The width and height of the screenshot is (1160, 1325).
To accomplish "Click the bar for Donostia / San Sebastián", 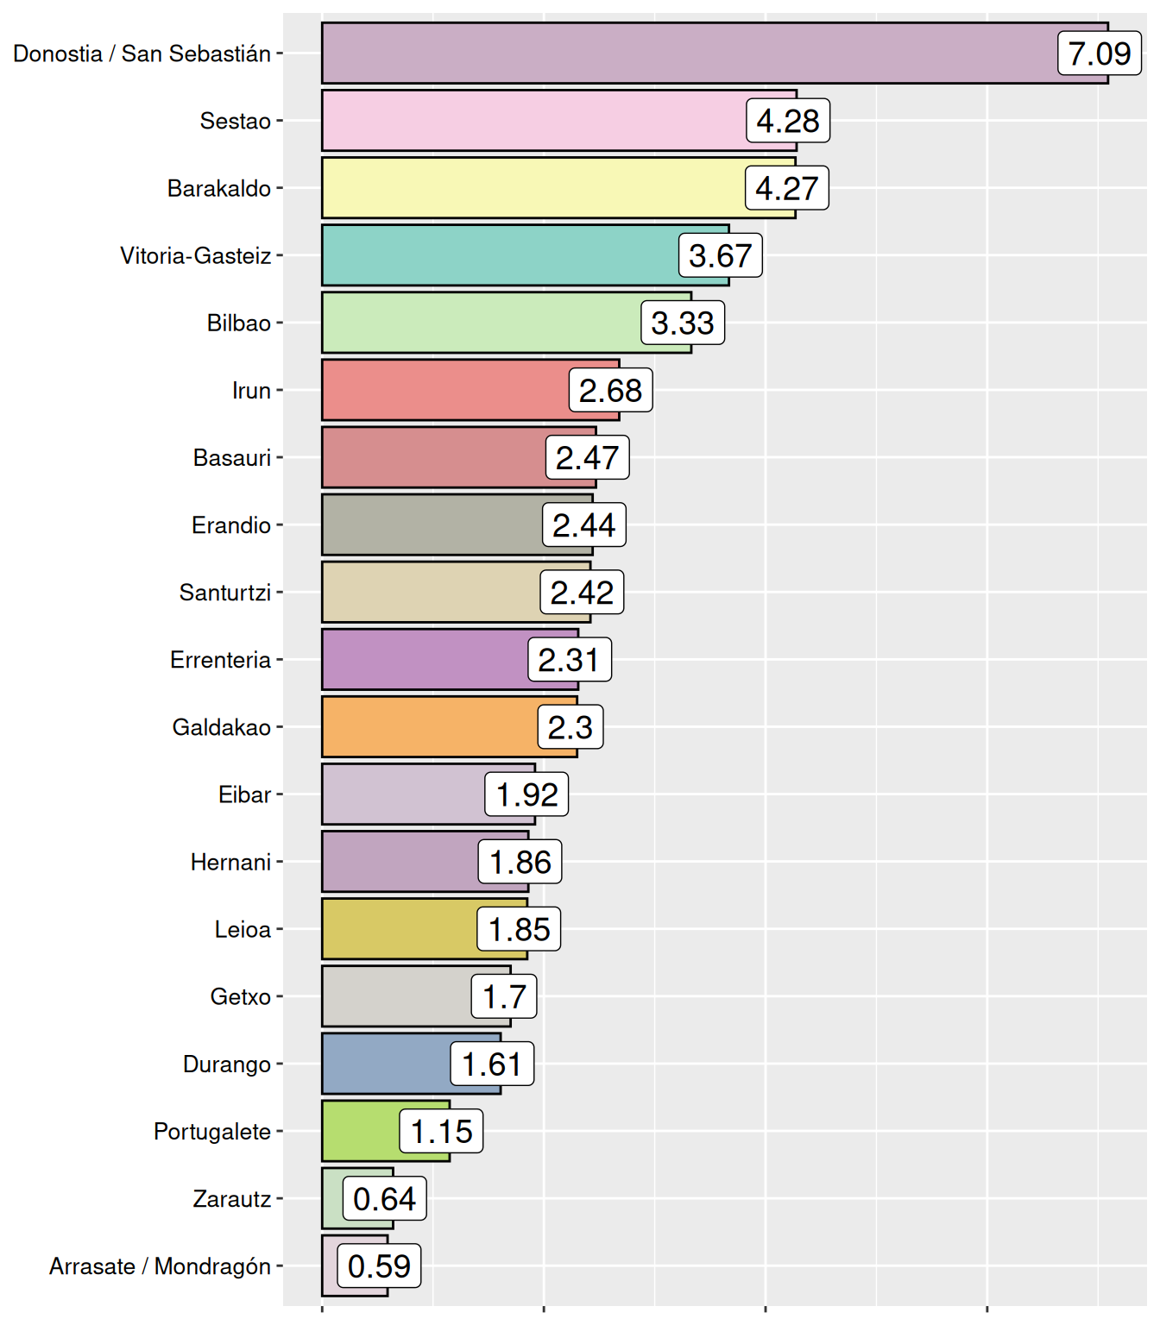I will coord(690,53).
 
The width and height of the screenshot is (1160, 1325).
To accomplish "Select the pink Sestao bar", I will coord(535,121).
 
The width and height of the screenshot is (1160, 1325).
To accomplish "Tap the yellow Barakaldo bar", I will coord(535,188).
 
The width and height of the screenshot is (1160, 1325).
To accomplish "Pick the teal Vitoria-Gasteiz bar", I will coord(501,255).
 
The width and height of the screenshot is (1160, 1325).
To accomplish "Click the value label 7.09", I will coord(1100,53).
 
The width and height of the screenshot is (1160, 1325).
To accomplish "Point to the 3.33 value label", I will coord(683,323).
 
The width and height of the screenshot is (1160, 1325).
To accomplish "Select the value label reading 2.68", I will coord(610,391).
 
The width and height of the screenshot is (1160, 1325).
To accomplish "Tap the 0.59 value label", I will coord(379,1266).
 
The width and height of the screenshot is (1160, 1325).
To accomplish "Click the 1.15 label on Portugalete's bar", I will coord(441,1132).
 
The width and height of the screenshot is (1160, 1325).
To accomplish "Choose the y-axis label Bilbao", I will coord(239,323).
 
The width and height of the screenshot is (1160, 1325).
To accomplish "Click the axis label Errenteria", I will coord(221,660).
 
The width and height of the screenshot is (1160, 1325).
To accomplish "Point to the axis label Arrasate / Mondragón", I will coord(161,1266).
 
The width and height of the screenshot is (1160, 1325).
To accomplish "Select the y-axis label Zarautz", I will coord(232,1199).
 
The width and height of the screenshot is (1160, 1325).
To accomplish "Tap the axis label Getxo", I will coord(241,997).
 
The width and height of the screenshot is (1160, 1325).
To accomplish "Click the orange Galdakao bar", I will coord(432,727).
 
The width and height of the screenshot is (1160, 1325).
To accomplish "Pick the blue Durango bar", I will coord(388,1064).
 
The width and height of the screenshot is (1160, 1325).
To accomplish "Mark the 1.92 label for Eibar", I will coord(526,794).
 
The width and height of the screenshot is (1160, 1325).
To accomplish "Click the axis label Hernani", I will coord(231,862).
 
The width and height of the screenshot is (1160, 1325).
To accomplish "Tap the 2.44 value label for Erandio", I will coord(584,525).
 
